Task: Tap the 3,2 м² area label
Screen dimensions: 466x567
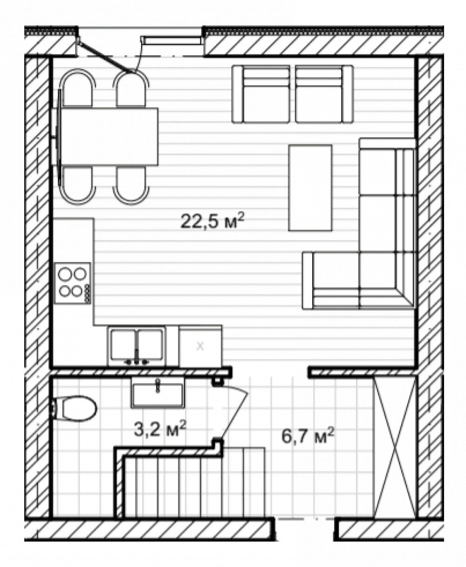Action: click(x=160, y=429)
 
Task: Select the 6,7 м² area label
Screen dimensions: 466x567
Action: click(x=308, y=436)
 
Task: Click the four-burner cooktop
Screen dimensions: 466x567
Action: click(x=73, y=283)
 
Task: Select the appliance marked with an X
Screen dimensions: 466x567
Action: click(x=200, y=346)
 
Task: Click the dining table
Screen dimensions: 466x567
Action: click(x=109, y=136)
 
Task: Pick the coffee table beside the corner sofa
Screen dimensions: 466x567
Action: click(x=310, y=188)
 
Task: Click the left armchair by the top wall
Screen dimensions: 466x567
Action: click(x=261, y=94)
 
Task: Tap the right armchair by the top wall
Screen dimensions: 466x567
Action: click(x=324, y=94)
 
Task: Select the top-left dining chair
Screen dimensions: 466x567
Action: click(x=77, y=88)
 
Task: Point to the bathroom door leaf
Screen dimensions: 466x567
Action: click(x=233, y=411)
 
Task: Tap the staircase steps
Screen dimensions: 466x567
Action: click(x=194, y=483)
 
